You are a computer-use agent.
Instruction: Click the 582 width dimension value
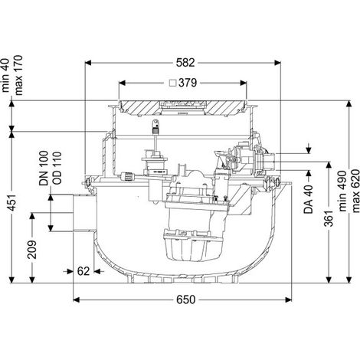pos(185,63)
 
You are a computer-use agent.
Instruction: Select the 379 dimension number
pos(188,83)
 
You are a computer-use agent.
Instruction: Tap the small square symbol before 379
pos(174,83)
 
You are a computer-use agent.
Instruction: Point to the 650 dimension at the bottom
pos(185,299)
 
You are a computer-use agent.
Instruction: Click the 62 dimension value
pos(83,271)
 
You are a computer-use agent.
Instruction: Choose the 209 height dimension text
pos(32,250)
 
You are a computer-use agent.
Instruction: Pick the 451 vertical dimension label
pos(13,203)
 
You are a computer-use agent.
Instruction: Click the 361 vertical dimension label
pos(329,218)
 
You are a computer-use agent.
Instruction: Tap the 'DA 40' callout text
pos(309,199)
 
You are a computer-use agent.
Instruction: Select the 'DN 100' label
pos(44,168)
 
